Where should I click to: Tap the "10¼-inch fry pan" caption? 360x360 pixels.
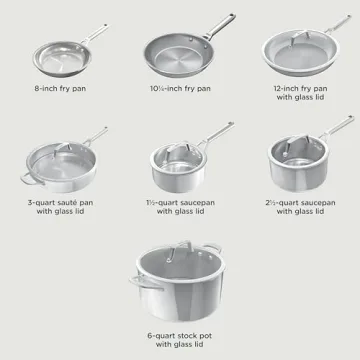coord(180,89)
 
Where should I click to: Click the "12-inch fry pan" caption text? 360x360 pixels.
coord(297,89)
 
